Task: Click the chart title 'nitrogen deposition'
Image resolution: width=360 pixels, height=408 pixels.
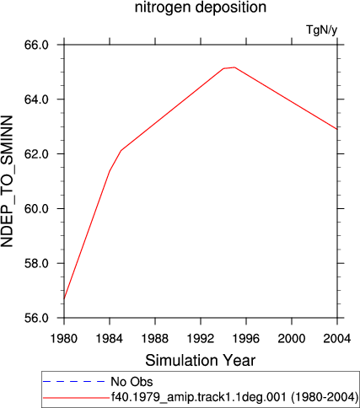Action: (201, 7)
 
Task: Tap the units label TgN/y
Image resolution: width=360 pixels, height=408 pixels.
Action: (321, 30)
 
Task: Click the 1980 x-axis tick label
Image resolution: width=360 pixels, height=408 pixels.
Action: (64, 338)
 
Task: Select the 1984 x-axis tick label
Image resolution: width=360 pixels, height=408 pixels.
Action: (110, 338)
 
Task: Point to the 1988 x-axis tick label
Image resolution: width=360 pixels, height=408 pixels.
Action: (155, 338)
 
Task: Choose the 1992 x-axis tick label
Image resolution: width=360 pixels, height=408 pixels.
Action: (201, 338)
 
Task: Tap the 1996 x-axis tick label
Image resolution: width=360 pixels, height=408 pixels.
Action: (246, 338)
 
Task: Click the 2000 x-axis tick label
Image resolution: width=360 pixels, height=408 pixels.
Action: (292, 338)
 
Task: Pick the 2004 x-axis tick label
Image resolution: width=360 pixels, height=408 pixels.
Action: (337, 338)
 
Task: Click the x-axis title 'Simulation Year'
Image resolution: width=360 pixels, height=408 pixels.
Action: (201, 360)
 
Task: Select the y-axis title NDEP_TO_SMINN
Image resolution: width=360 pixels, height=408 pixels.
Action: (7, 181)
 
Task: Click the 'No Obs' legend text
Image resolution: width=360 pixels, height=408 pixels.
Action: (132, 382)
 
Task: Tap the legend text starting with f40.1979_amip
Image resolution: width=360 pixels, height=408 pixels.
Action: (234, 397)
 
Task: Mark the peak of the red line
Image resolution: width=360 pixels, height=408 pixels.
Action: (234, 67)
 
